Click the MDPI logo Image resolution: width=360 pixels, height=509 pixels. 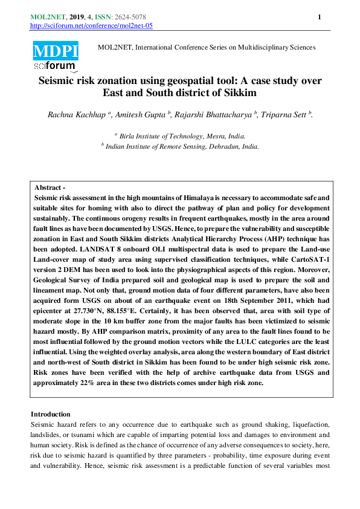[55, 50]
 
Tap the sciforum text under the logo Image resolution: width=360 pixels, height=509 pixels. [55, 66]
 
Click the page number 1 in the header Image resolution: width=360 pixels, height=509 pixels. [319, 17]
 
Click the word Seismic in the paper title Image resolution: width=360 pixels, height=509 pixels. [59, 80]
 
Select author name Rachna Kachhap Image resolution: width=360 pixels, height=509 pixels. [76, 115]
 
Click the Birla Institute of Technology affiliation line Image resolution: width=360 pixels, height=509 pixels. [182, 136]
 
